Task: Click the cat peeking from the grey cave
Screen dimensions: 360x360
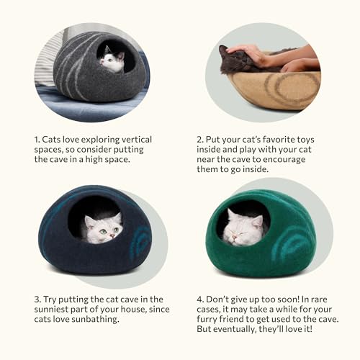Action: coord(112,61)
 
